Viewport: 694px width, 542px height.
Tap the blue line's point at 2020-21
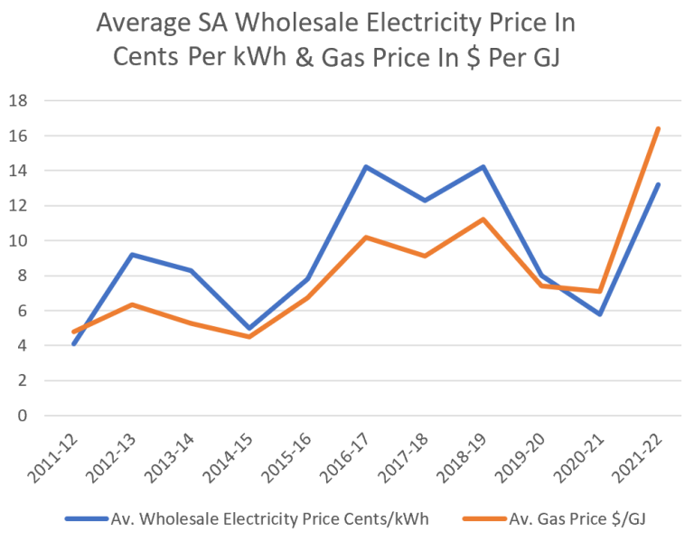[x=599, y=314]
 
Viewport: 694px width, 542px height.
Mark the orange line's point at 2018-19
[x=483, y=220]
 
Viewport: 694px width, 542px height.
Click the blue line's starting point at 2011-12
[x=73, y=344]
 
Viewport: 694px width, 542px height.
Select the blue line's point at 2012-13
[x=132, y=255]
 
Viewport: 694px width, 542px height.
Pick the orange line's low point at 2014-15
[x=249, y=337]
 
